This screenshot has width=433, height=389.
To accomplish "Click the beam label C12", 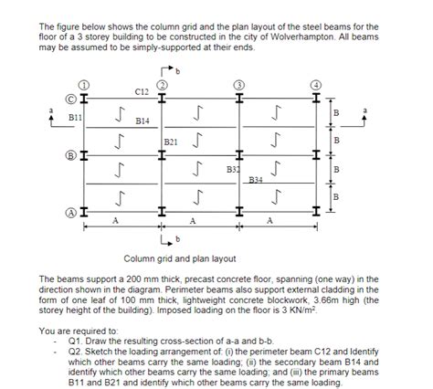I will [142, 92].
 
